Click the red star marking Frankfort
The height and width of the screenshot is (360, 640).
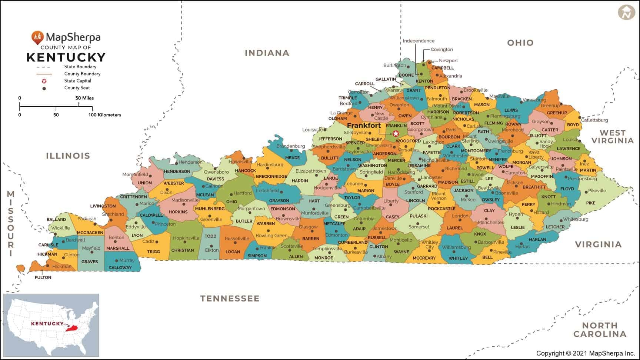point(396,133)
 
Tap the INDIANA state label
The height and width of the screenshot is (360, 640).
point(267,53)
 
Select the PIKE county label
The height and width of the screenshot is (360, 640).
point(590,203)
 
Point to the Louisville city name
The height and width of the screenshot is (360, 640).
point(312,130)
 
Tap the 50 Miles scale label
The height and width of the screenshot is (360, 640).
point(84,98)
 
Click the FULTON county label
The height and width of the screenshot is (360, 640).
point(43,277)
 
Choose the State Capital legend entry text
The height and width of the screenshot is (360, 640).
point(77,81)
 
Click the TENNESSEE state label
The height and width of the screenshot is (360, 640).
point(230,299)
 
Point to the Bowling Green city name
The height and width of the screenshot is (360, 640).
point(271,236)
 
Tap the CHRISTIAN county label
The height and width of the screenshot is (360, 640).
point(182,250)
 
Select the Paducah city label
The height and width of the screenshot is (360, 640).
point(87,219)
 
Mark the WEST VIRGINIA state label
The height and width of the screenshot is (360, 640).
point(612,137)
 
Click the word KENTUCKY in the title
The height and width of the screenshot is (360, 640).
point(66,57)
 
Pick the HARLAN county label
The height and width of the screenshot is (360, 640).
point(537,239)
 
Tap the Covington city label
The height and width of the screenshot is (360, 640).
point(441,50)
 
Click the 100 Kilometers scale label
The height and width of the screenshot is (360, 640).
point(104,115)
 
